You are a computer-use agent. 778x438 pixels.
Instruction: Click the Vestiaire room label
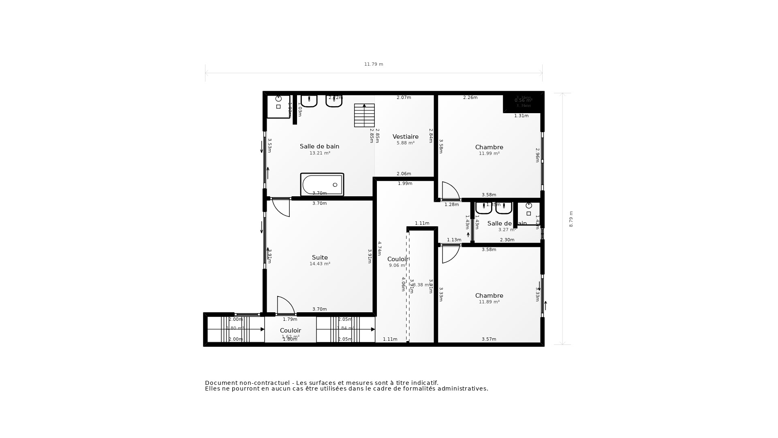point(405,137)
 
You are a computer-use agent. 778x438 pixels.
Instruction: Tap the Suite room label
point(320,258)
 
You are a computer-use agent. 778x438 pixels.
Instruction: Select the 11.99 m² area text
point(489,154)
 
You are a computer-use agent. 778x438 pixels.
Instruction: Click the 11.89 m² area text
point(489,302)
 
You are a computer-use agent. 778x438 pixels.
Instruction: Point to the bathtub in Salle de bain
point(322,185)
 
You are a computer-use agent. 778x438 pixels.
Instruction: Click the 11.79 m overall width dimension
point(373,64)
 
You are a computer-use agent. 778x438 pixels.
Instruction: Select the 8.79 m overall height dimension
point(571,219)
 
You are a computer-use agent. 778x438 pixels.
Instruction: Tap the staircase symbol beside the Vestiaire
point(364,116)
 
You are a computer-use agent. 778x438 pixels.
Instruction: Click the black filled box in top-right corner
point(523,102)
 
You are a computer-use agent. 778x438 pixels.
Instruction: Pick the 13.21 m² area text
point(320,153)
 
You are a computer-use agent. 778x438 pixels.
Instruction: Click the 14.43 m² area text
point(320,264)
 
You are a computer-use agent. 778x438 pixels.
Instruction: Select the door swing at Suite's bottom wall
point(285,306)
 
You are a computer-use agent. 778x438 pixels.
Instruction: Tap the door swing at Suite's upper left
point(281,207)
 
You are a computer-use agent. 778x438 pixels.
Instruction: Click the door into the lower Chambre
point(450,253)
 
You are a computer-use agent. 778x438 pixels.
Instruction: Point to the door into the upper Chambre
point(450,191)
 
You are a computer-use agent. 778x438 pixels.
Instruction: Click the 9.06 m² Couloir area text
point(397,266)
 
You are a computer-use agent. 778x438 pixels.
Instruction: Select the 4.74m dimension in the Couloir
point(379,248)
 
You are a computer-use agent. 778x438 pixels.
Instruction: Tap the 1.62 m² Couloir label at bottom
point(291,337)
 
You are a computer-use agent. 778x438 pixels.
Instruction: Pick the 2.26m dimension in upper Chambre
point(470,98)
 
